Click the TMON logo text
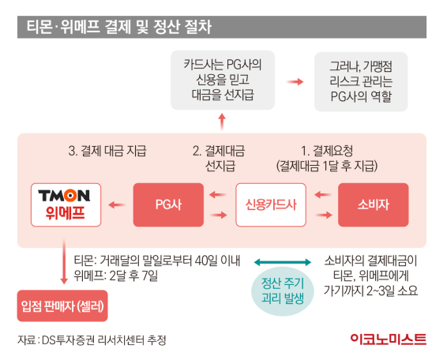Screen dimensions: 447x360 [x=64, y=196]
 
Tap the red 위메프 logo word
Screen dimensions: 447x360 [x=66, y=212]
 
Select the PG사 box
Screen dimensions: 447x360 [x=168, y=204]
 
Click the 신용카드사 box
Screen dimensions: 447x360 [x=271, y=204]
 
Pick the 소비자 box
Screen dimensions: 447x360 [x=374, y=204]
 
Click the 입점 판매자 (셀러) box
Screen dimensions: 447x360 [x=62, y=306]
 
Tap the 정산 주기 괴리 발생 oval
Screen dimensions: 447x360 [x=283, y=291]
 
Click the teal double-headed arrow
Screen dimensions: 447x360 [x=283, y=262]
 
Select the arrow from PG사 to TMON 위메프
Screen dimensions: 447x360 [x=117, y=204]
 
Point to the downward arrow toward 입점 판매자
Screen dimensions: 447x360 [x=64, y=261]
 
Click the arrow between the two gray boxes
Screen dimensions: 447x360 [x=295, y=82]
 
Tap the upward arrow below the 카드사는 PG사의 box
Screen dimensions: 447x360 [x=222, y=122]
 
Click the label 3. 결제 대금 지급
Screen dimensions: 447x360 [x=107, y=151]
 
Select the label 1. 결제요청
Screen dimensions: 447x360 [x=327, y=151]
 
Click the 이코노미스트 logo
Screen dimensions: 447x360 [x=389, y=339]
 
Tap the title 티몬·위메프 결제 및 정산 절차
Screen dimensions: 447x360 [x=119, y=27]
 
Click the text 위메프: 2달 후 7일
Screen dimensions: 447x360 [x=116, y=276]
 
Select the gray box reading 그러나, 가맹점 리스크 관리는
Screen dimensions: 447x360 [x=361, y=81]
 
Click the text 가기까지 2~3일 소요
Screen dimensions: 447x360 [x=370, y=291]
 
